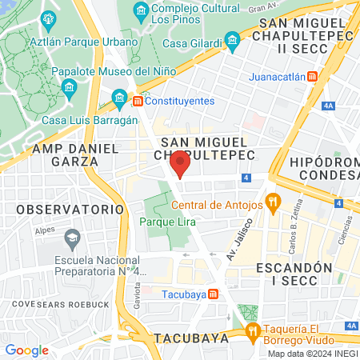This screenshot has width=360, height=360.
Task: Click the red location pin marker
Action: (x=180, y=164)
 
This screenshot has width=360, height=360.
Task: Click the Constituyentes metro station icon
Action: (x=138, y=101)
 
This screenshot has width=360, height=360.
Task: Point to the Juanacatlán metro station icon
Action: (x=311, y=77)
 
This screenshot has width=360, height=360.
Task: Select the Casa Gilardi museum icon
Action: (x=232, y=39)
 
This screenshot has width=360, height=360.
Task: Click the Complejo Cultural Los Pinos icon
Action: (x=140, y=10)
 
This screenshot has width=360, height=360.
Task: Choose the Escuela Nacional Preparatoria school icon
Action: (x=72, y=237)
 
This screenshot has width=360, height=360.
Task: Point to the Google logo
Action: (x=26, y=350)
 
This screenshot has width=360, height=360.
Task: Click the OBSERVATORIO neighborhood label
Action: (x=51, y=208)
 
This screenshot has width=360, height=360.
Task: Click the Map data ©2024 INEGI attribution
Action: (x=313, y=354)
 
